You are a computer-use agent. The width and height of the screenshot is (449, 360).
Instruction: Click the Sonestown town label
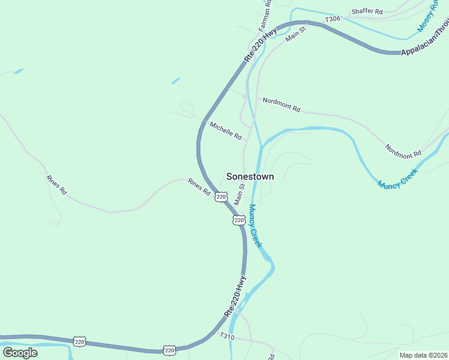pyautogui.click(x=250, y=176)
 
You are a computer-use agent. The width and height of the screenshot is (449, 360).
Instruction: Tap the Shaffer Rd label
pyautogui.click(x=367, y=11)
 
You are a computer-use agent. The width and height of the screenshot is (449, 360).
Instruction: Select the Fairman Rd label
pyautogui.click(x=265, y=16)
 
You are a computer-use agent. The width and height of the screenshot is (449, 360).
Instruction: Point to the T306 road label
pyautogui.click(x=333, y=20)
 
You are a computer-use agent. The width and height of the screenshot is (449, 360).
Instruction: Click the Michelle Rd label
pyautogui.click(x=226, y=131)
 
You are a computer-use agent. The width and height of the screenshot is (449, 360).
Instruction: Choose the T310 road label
pyautogui.click(x=227, y=337)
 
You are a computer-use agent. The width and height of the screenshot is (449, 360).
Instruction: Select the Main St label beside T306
pyautogui.click(x=297, y=33)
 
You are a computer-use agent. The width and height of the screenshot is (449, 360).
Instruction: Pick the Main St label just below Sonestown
pyautogui.click(x=243, y=193)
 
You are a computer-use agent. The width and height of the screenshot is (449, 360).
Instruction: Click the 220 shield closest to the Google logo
pyautogui.click(x=80, y=341)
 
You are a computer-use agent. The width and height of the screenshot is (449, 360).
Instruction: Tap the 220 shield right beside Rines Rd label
pyautogui.click(x=221, y=197)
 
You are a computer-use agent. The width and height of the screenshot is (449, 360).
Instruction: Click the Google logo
pyautogui.click(x=20, y=353)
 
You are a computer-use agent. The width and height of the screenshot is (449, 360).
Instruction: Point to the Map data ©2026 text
pyautogui.click(x=423, y=355)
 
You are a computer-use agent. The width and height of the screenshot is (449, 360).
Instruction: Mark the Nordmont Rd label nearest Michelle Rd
pyautogui.click(x=281, y=105)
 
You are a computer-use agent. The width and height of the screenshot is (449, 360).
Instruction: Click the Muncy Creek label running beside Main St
pyautogui.click(x=255, y=226)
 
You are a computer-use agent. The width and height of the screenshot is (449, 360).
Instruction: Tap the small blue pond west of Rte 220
pyautogui.click(x=175, y=80)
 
